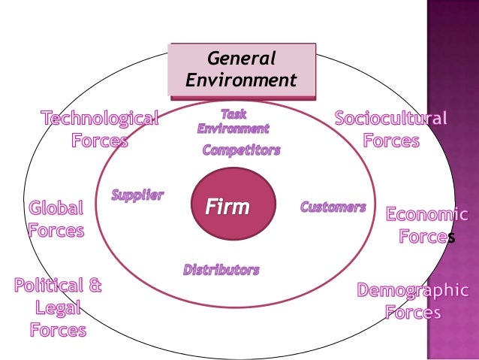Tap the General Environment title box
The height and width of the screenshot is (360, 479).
pos(241,70)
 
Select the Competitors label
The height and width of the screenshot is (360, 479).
pos(241,150)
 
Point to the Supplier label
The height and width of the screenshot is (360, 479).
pos(137,195)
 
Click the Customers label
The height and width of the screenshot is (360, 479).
pos(333,207)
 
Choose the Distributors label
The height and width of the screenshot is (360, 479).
pos(221,269)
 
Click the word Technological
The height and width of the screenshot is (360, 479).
pos(100,119)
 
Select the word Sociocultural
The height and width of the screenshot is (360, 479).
pos(390,119)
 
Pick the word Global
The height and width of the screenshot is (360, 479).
pos(56,208)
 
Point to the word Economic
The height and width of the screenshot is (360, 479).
pos(426,215)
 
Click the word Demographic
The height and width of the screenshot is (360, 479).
pos(412,290)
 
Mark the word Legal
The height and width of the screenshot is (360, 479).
pos(57,307)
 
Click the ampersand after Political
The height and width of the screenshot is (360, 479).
pos(93,286)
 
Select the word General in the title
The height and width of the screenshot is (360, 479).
pos(241,59)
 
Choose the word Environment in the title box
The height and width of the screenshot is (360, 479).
pos(241,80)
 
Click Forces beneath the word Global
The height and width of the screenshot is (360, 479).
pos(56,230)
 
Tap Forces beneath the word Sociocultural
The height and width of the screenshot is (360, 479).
pos(390,141)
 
